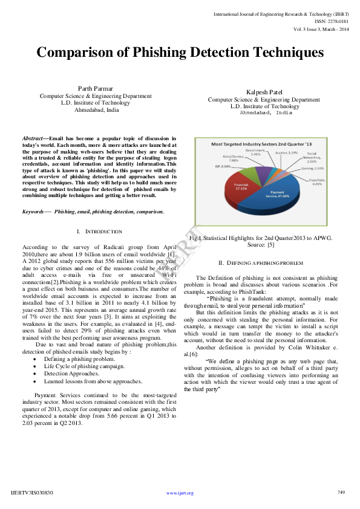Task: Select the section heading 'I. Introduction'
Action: pos(100,232)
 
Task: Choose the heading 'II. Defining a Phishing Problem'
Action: pos(261,263)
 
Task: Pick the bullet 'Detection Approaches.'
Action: pos(69,374)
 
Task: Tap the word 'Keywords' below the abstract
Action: pos(34,212)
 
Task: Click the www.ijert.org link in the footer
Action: pos(180,493)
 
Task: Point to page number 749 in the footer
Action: pos(341,493)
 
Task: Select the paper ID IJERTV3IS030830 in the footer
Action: pos(32,493)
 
